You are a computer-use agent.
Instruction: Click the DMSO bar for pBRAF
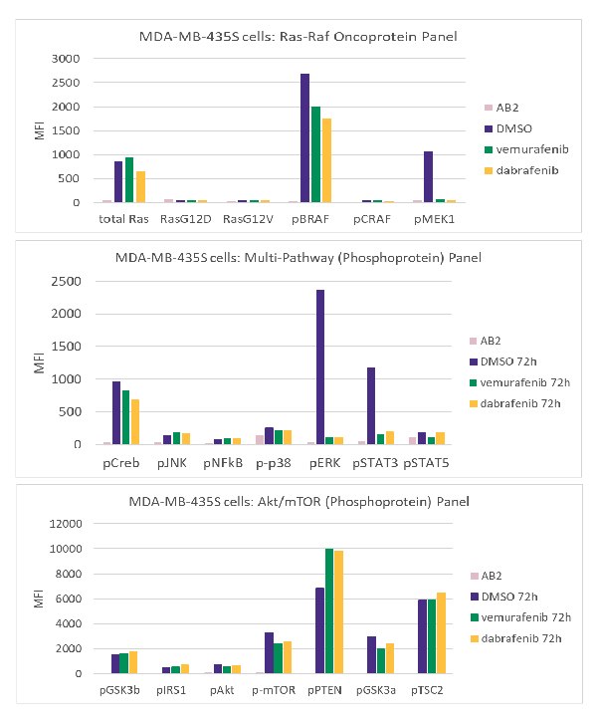pos(305,138)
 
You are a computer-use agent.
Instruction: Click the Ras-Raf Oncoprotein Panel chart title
pos(304,37)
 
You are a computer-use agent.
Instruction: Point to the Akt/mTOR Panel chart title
pos(304,499)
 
